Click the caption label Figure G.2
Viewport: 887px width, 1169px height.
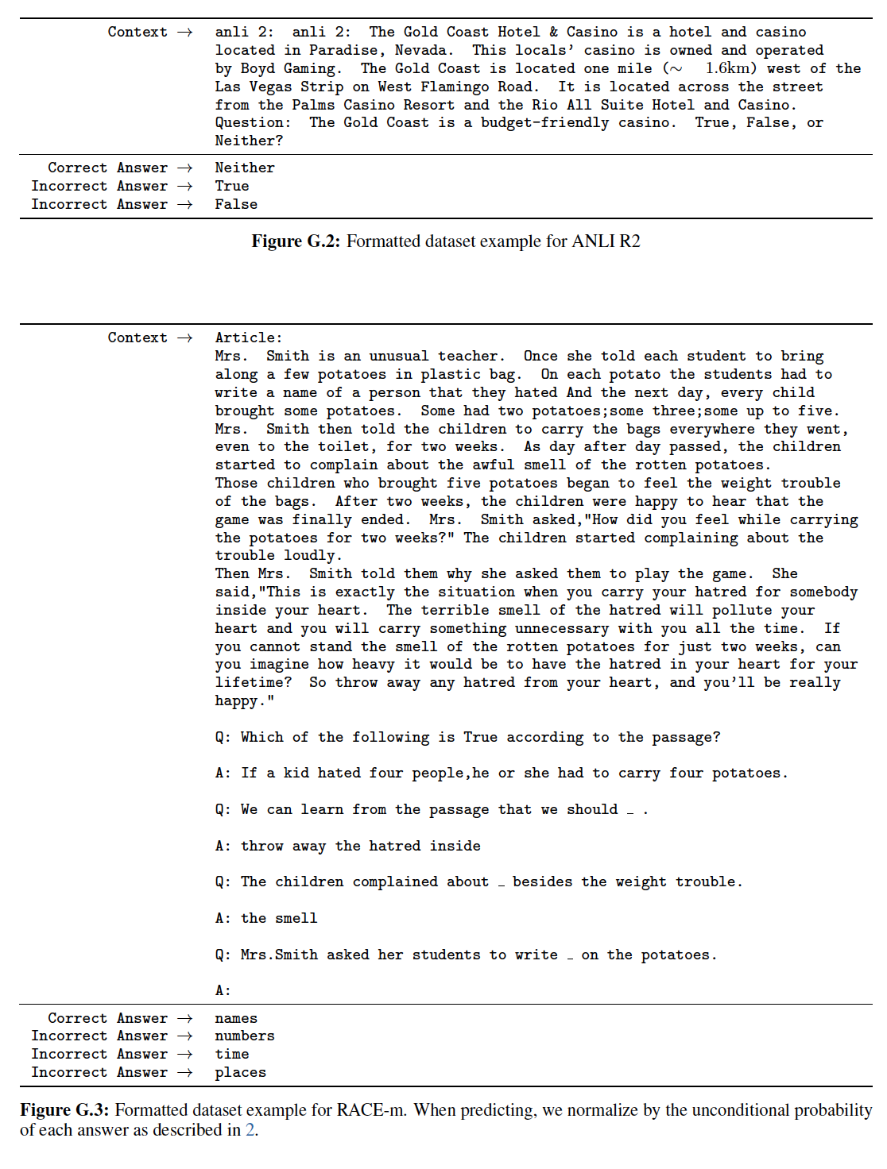tap(295, 241)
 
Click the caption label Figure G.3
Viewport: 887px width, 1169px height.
tap(64, 1110)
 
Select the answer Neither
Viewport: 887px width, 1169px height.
tap(244, 168)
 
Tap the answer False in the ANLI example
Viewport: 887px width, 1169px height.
tap(236, 204)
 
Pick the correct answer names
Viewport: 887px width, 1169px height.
tap(236, 1018)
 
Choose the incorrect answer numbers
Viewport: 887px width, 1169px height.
tap(244, 1036)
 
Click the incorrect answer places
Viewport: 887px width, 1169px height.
tap(240, 1072)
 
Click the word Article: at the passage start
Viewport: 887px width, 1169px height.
tap(248, 338)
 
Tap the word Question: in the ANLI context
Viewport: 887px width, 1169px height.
tap(253, 122)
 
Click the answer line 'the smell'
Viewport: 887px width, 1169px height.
tap(278, 918)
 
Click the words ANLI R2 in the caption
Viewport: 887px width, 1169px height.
tap(606, 241)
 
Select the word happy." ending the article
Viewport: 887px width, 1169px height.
tap(244, 700)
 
